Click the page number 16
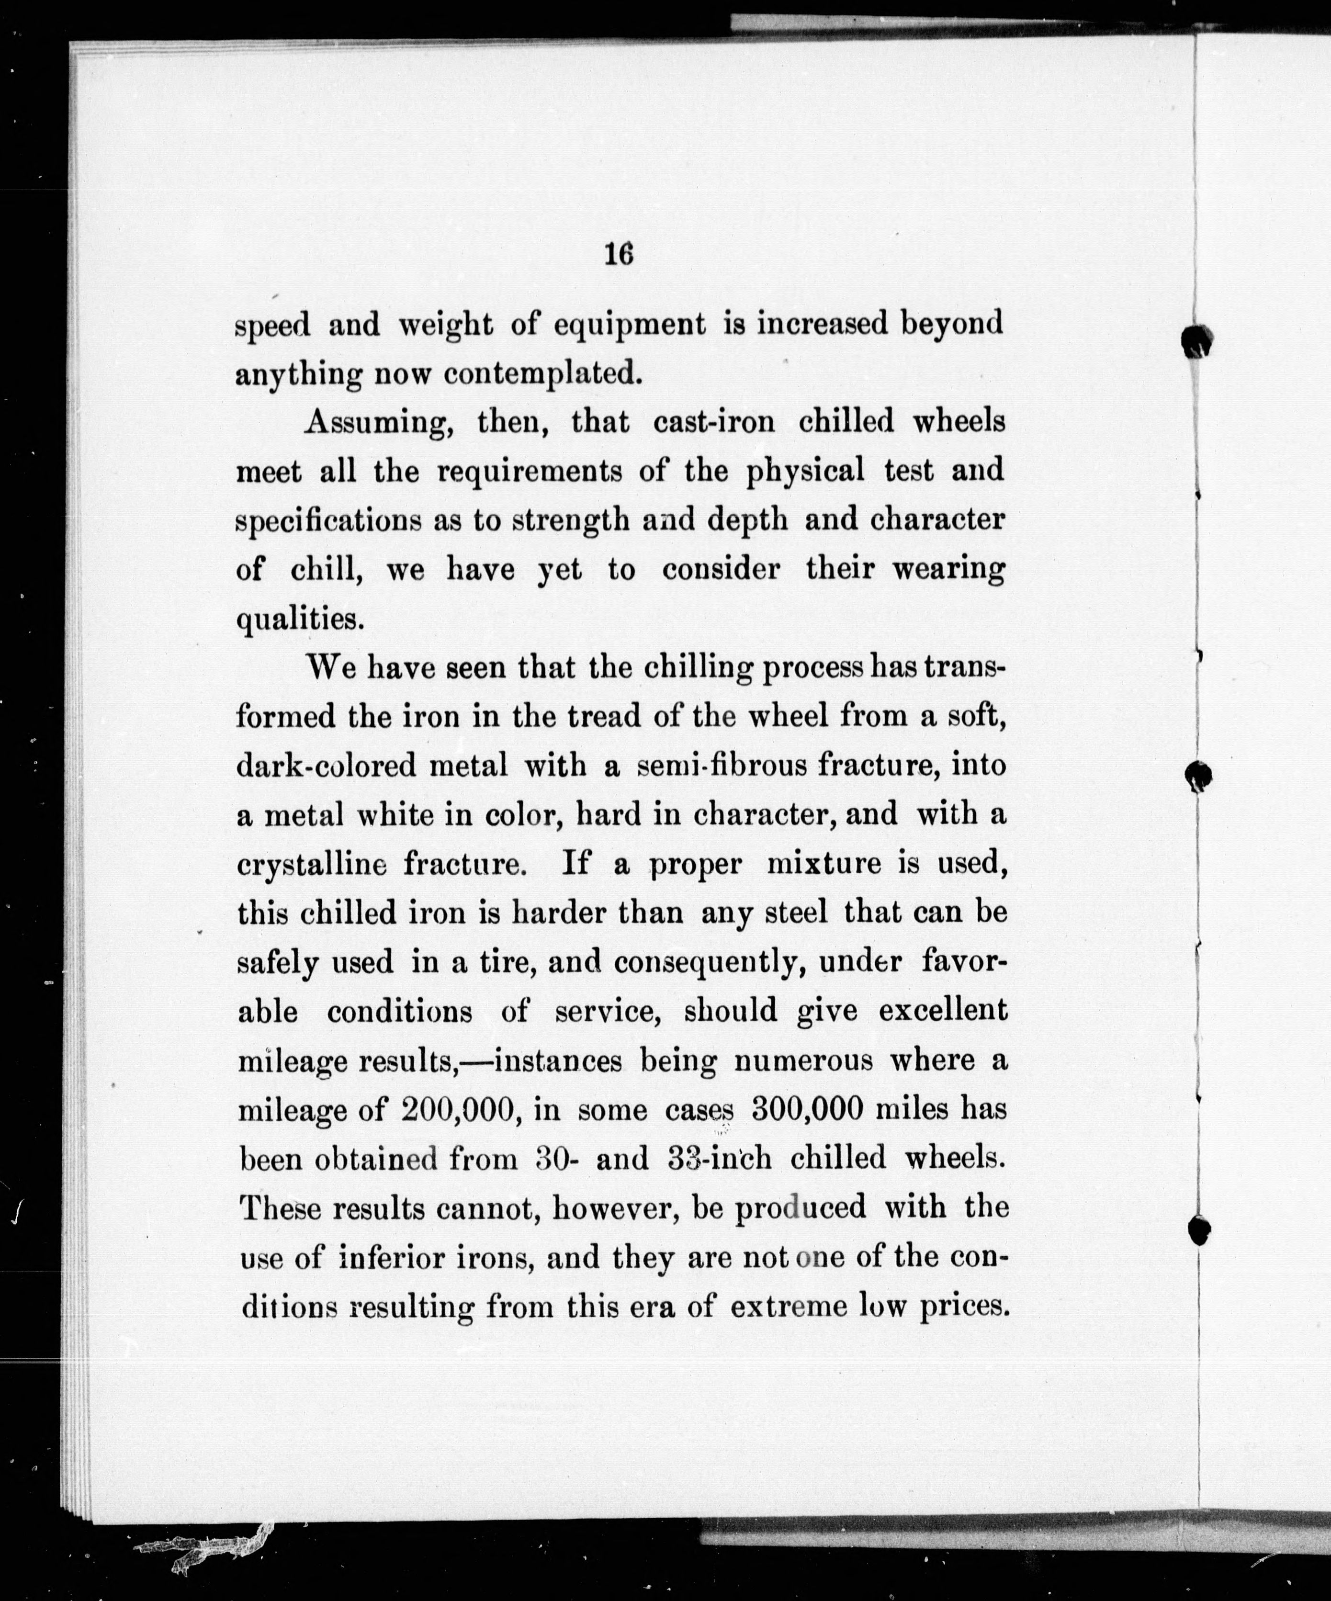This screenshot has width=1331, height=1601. tap(618, 254)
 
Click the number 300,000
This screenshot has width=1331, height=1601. tap(807, 1109)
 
